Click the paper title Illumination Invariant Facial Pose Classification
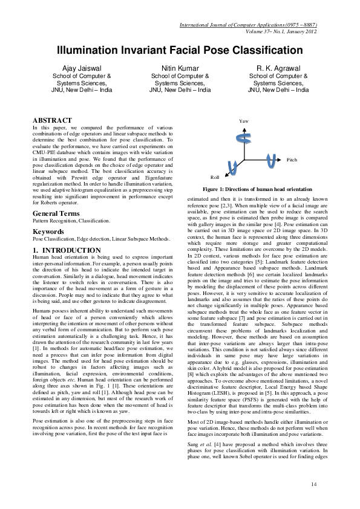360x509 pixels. click(x=180, y=50)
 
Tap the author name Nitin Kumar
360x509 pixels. click(x=180, y=68)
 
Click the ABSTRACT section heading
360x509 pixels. click(x=52, y=121)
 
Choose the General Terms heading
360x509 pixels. click(x=58, y=214)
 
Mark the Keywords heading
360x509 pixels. click(x=49, y=231)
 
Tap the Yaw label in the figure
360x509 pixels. click(x=243, y=122)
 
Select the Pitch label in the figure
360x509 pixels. click(x=292, y=160)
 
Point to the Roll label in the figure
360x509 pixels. click(x=214, y=178)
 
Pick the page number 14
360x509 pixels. click(x=313, y=485)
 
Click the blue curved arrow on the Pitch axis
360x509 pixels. click(x=272, y=160)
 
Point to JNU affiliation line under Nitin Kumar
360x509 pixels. click(x=180, y=89)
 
